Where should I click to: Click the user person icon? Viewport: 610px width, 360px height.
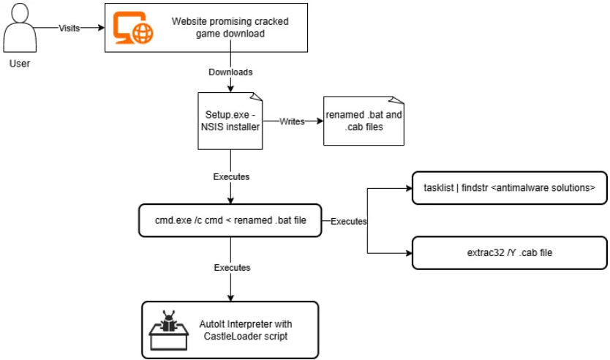[20, 29]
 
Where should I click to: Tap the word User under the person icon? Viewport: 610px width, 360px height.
[20, 64]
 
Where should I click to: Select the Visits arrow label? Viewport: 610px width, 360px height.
[69, 28]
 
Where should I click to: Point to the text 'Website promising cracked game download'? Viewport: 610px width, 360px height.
[230, 27]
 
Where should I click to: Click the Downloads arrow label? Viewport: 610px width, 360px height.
[230, 72]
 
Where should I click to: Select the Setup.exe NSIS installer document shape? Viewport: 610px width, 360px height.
[230, 121]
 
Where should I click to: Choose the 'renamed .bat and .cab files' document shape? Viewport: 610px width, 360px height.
[364, 121]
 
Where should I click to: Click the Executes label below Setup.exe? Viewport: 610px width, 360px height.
[231, 176]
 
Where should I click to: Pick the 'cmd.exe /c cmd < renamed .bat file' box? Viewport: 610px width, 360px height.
[230, 220]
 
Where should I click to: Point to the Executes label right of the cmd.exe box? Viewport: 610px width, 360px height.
[349, 220]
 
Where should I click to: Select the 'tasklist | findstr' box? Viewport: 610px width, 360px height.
[510, 188]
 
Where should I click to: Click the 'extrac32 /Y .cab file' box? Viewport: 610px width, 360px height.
[510, 252]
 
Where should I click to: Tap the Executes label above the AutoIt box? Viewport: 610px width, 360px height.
[232, 268]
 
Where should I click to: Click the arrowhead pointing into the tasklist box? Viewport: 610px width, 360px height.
[408, 188]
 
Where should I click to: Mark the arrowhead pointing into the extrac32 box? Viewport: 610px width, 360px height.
[408, 252]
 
